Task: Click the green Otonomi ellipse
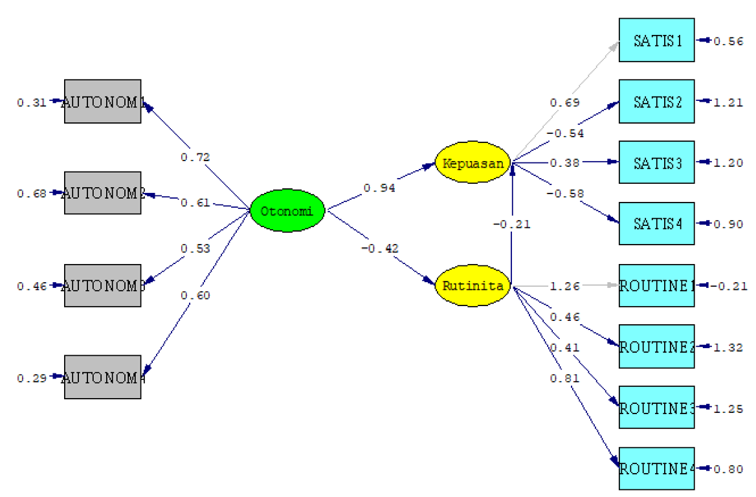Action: coord(286,210)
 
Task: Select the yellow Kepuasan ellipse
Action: coord(473,163)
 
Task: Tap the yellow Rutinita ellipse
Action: coord(473,285)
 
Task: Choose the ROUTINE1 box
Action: coord(656,285)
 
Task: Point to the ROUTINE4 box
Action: coord(656,469)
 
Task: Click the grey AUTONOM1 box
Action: coord(102,102)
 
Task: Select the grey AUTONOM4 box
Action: coord(102,377)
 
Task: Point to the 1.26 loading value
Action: coord(565,285)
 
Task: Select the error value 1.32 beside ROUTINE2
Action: coord(728,348)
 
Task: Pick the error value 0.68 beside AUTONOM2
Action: coord(30,193)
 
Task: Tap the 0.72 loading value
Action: coord(195,157)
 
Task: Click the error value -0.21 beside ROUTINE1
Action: coord(731,285)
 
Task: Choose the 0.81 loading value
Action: coord(565,379)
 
